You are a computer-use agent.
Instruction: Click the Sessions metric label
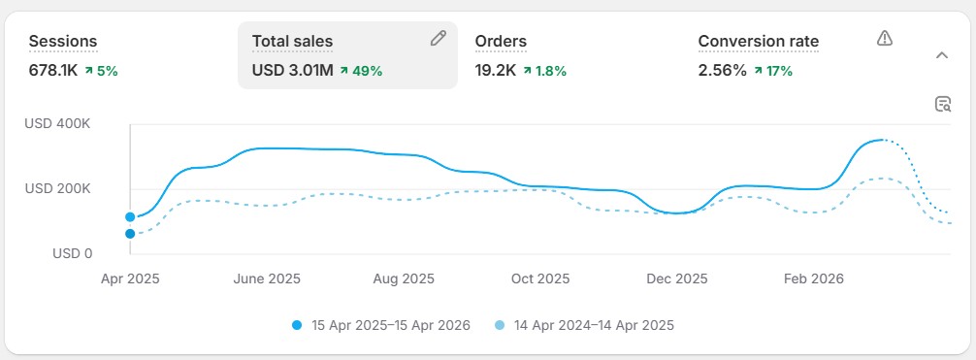tap(63, 41)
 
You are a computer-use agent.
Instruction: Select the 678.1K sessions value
tap(54, 70)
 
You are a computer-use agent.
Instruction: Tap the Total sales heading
tap(292, 41)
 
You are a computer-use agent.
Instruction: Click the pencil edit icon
tap(439, 39)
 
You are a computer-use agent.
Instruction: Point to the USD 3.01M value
tap(293, 70)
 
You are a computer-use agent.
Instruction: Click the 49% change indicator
tap(362, 70)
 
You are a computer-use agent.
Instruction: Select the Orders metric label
tap(501, 41)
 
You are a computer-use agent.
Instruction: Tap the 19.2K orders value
tap(496, 70)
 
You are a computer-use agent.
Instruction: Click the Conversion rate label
tap(758, 41)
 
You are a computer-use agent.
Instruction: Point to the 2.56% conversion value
tap(723, 70)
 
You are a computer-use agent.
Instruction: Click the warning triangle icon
tap(884, 38)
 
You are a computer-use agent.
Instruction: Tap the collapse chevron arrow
tap(941, 55)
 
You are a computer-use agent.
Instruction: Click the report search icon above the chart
tap(942, 105)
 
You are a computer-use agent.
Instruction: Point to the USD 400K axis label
tap(58, 124)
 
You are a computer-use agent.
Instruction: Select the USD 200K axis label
tap(58, 189)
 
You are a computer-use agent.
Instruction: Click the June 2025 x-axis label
tap(267, 278)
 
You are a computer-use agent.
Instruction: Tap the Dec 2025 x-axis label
tap(677, 278)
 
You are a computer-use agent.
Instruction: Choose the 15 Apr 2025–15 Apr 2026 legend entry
tap(380, 325)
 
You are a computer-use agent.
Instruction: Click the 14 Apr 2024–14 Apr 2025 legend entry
tap(584, 325)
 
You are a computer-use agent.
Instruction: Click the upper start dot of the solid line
tap(130, 216)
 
